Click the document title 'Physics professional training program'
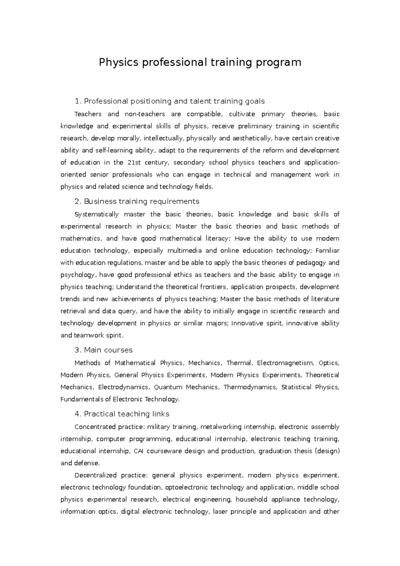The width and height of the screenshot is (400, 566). (x=200, y=62)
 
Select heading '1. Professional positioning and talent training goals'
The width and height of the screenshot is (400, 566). (x=170, y=101)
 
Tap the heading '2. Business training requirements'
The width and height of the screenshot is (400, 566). (x=137, y=201)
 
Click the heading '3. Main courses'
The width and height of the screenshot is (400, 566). (x=103, y=350)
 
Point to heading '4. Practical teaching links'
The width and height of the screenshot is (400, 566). (x=122, y=414)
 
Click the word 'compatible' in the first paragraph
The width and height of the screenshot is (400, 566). (x=204, y=114)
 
